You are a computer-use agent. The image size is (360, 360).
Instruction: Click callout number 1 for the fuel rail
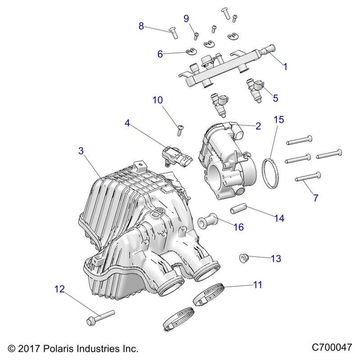(285, 67)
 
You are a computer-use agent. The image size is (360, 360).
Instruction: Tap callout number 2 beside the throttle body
(258, 126)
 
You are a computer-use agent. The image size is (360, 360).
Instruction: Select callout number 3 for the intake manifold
(81, 152)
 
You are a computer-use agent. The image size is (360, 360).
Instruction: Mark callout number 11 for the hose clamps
(257, 284)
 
